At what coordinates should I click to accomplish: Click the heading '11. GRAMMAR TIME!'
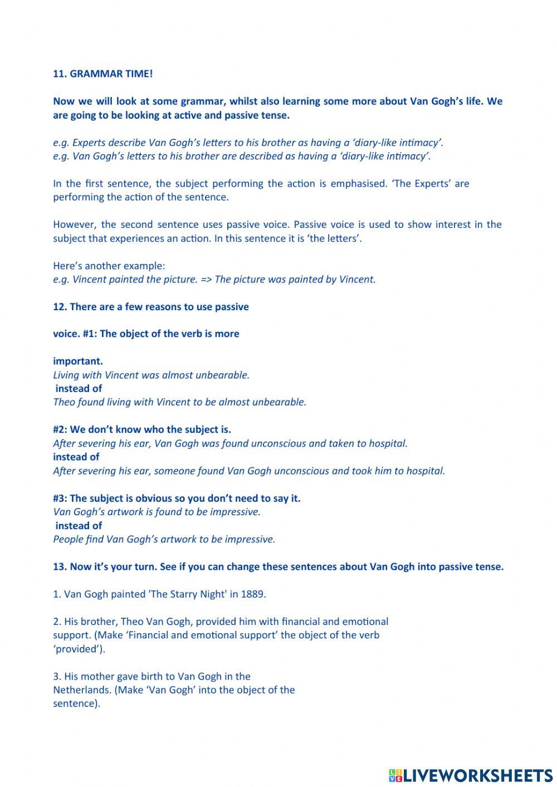point(102,74)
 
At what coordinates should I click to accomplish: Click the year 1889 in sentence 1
point(253,594)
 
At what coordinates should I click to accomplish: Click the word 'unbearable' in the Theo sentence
point(278,402)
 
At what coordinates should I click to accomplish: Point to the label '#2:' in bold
point(60,429)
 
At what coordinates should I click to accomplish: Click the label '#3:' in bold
point(60,498)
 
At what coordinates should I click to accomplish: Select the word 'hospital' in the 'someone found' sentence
point(426,471)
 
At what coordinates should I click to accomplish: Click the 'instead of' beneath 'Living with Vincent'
point(79,388)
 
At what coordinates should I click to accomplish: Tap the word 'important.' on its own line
point(78,361)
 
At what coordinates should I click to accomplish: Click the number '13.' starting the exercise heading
point(60,566)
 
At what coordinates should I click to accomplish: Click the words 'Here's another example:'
point(109,266)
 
